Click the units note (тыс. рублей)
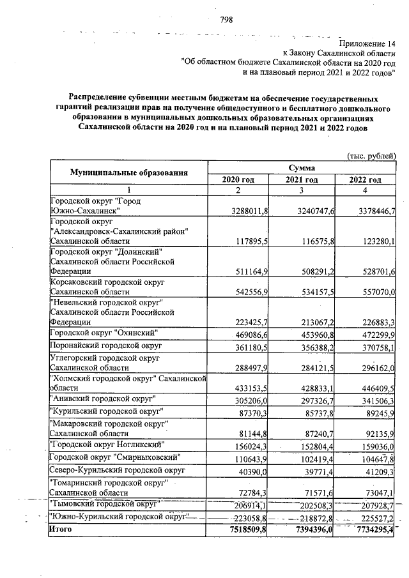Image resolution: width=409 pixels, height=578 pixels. pyautogui.click(x=371, y=156)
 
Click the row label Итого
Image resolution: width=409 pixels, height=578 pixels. pyautogui.click(x=61, y=530)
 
